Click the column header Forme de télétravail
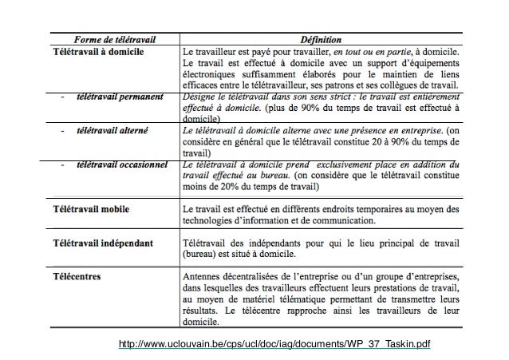coord(115,39)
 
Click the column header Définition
coord(322,39)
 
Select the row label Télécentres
coord(78,275)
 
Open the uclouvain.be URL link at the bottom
coord(274,344)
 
